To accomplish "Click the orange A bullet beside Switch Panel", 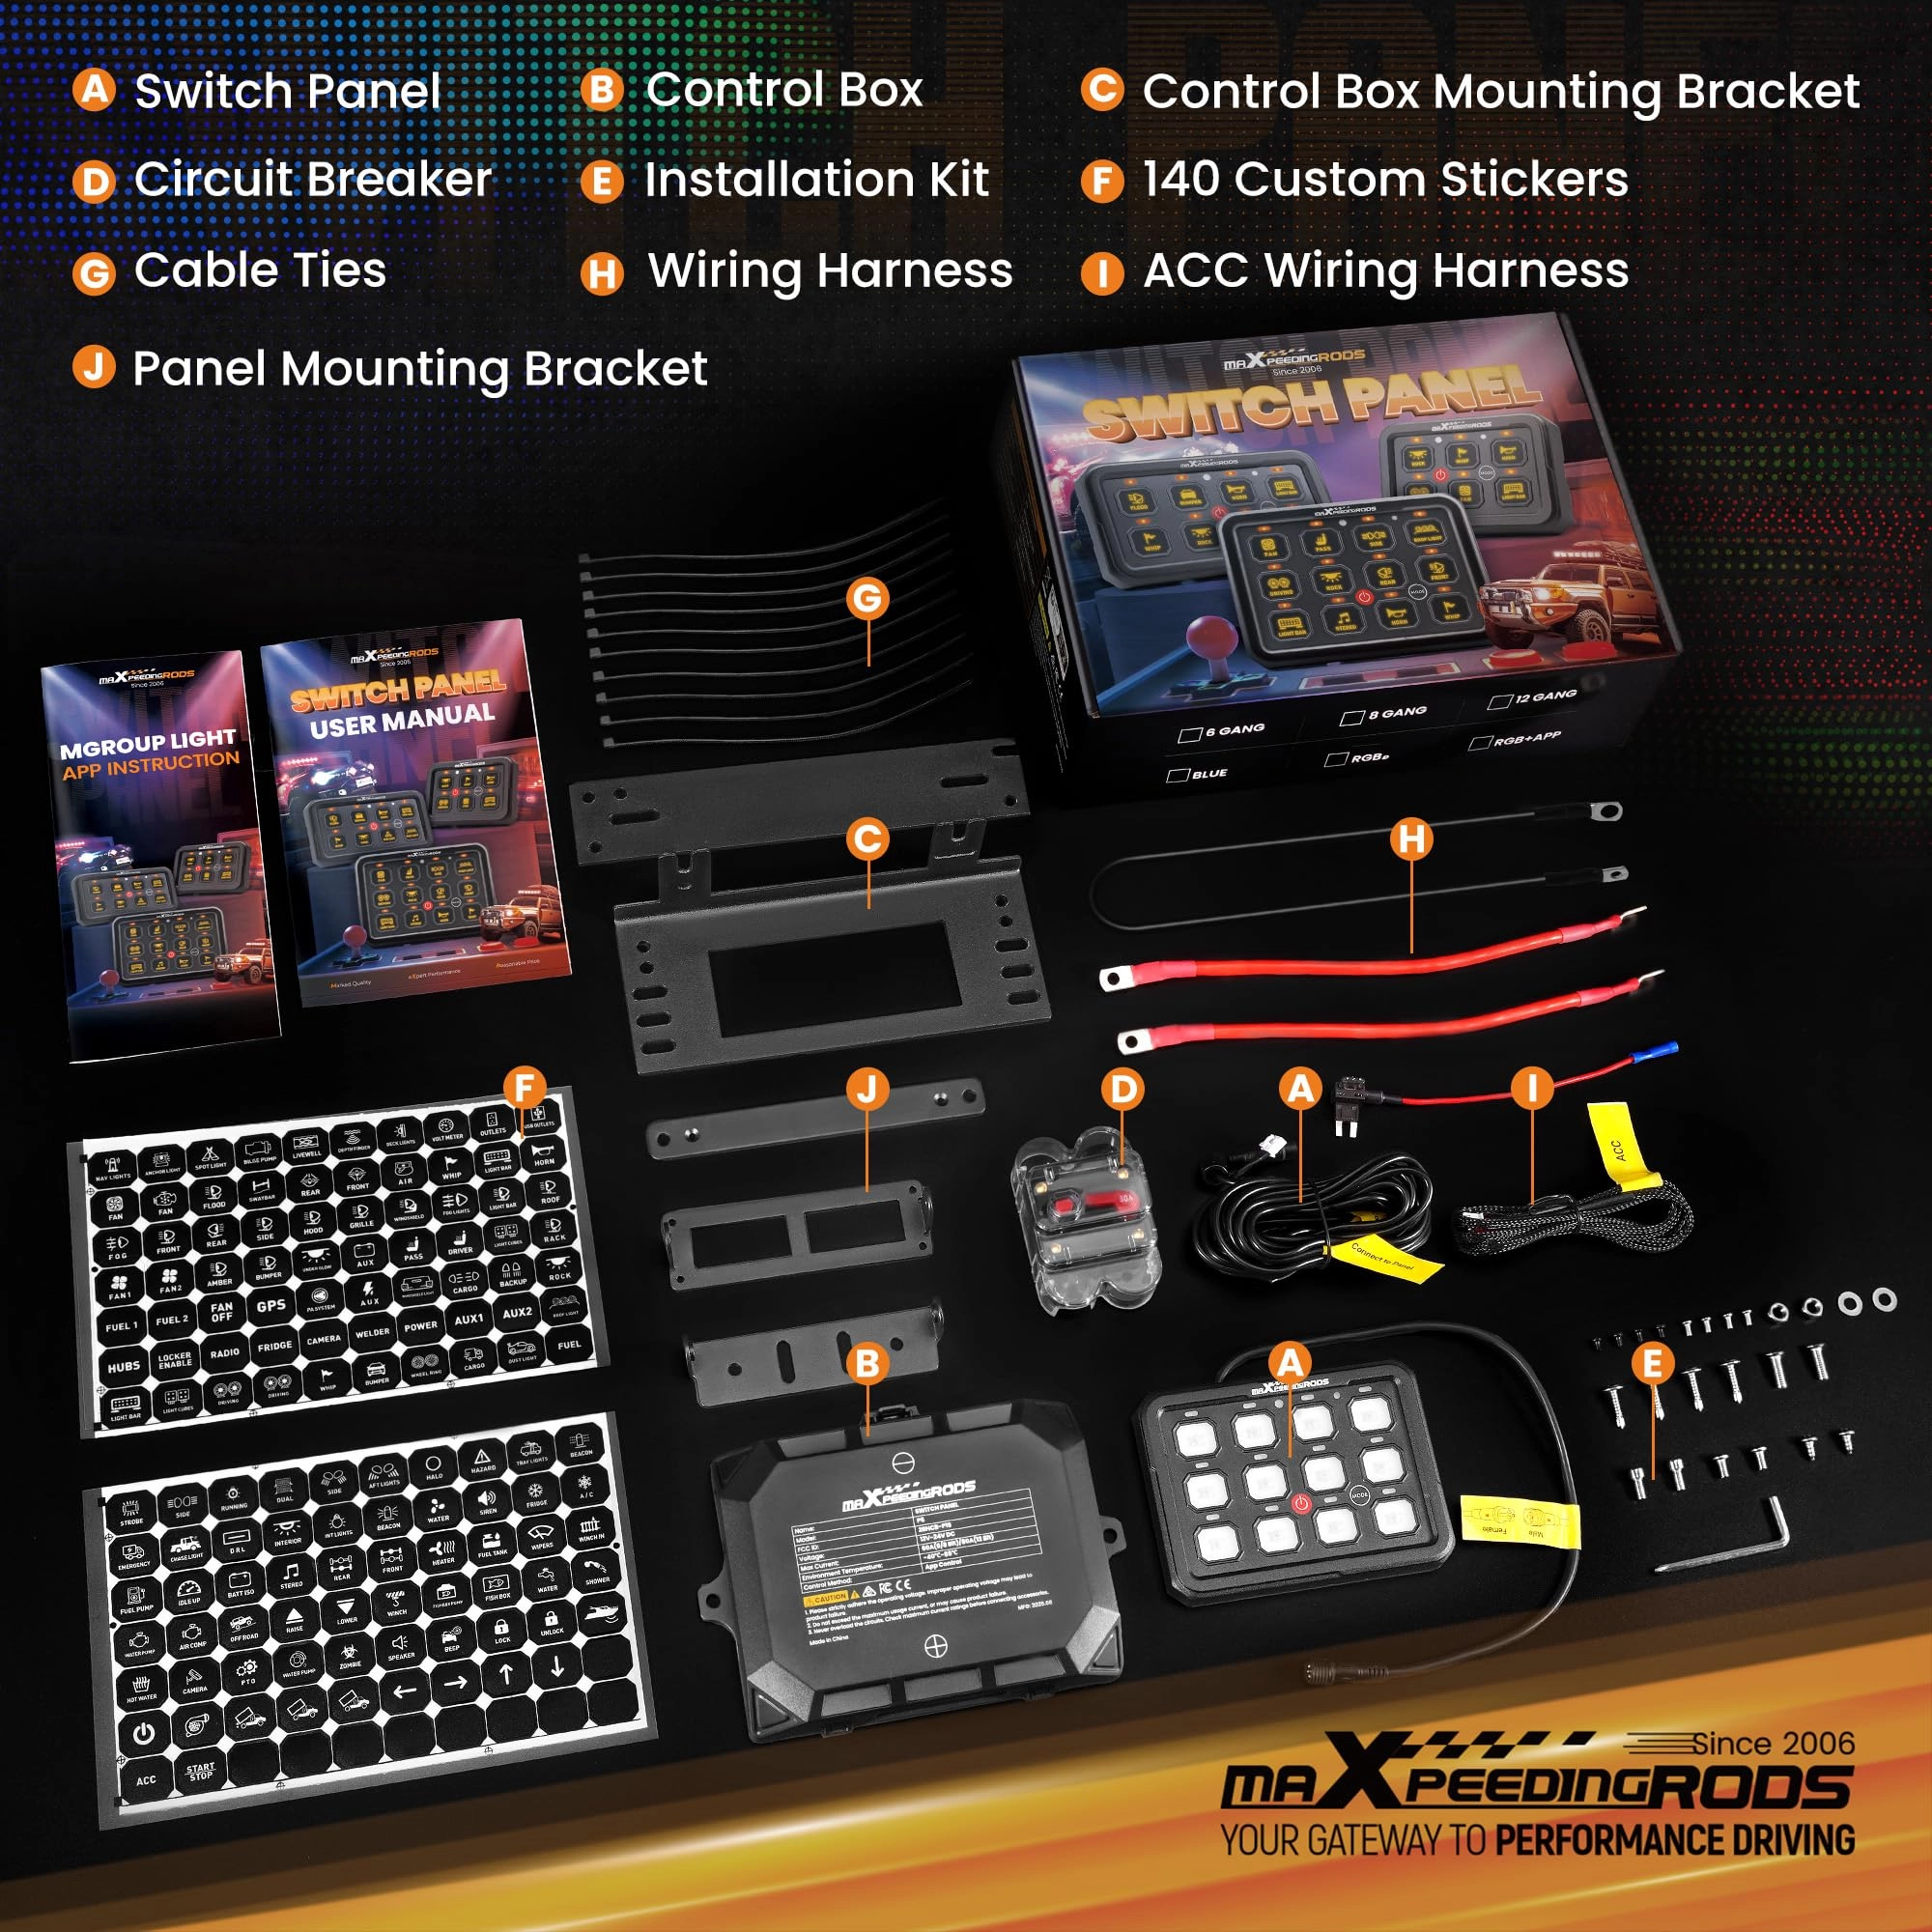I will tap(94, 90).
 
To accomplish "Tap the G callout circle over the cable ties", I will tap(867, 598).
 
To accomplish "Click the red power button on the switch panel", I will tap(1300, 1503).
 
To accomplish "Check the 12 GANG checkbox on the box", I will tap(1498, 701).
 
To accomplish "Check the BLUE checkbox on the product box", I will tap(1177, 775).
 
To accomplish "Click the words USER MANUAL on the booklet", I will tap(402, 720).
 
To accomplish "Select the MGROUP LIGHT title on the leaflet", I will tap(147, 742).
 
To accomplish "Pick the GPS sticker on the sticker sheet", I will tap(271, 1306).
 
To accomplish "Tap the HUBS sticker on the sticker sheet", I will tap(124, 1366).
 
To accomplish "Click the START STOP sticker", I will tap(199, 1772).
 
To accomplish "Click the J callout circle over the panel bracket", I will tap(867, 1088).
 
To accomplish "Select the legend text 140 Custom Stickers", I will tap(1385, 180).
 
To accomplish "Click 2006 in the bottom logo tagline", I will tap(1813, 1744).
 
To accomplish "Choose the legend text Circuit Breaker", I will tap(312, 180).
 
